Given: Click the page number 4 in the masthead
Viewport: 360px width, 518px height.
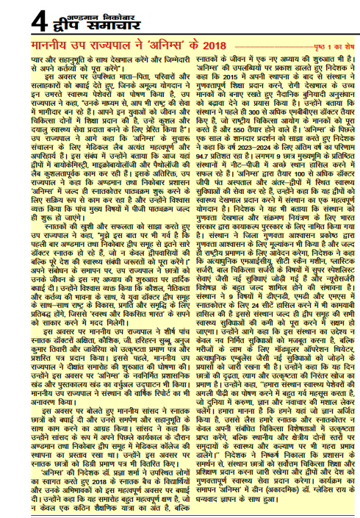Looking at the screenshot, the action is (17, 17).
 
